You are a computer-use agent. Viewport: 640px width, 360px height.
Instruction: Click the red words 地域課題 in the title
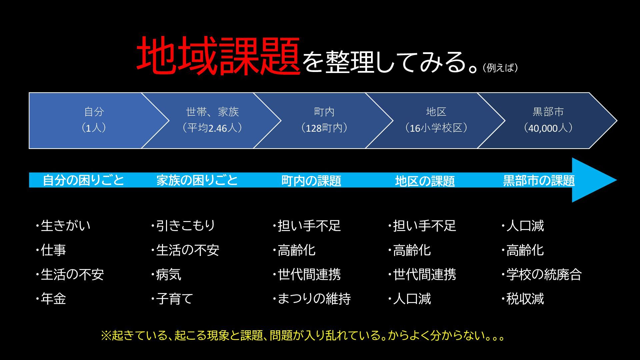[x=218, y=56]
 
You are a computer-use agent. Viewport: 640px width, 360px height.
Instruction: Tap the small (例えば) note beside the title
[x=500, y=68]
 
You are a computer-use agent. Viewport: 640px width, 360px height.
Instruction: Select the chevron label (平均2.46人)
[x=212, y=128]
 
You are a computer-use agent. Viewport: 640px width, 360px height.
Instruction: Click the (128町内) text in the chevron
[x=324, y=128]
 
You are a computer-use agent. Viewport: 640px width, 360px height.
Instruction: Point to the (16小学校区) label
[x=436, y=128]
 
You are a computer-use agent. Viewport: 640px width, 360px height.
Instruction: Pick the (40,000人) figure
[x=548, y=128]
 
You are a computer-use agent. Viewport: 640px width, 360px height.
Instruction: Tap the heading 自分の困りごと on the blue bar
[x=83, y=180]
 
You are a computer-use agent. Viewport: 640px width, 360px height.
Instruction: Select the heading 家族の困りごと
[x=197, y=180]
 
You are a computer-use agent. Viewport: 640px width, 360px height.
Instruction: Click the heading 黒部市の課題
[x=539, y=180]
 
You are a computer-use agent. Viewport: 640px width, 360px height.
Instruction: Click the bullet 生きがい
[x=65, y=226]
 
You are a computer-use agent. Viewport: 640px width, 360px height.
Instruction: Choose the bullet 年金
[x=53, y=299]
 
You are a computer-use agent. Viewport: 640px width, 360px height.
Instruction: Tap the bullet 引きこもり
[x=186, y=226]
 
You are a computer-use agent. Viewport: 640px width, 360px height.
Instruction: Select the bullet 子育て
[x=174, y=299]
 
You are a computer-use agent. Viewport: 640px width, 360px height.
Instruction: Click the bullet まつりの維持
[x=314, y=299]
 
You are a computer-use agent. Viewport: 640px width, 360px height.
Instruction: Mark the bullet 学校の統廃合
[x=544, y=274]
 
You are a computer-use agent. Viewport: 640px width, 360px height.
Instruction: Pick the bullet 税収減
[x=525, y=299]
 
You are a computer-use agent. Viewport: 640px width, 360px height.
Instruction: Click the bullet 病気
[x=169, y=274]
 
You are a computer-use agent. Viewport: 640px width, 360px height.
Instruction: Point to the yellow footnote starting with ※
[x=303, y=335]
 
